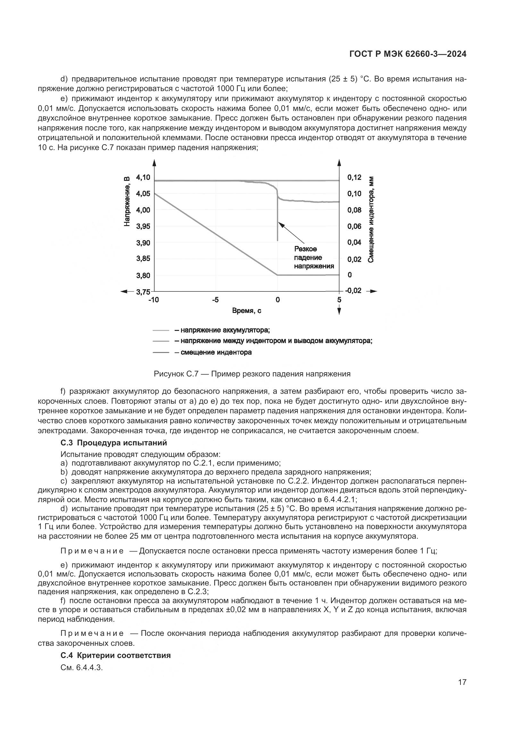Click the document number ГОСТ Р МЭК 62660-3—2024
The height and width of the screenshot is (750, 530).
click(x=408, y=54)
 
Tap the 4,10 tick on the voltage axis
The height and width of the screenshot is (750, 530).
click(x=143, y=177)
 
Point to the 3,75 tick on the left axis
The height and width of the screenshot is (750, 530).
click(x=143, y=291)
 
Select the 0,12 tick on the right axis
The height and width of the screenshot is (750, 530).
click(x=354, y=177)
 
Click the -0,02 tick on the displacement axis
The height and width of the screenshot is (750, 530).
click(x=353, y=291)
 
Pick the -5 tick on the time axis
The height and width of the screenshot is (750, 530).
click(x=215, y=300)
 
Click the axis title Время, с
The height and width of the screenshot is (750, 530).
click(x=246, y=311)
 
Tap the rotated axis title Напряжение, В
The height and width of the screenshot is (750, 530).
click(x=127, y=201)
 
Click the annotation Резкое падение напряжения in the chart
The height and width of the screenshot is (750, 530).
click(x=314, y=257)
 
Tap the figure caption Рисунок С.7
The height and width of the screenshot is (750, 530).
click(x=252, y=374)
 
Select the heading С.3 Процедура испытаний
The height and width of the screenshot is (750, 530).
click(x=113, y=442)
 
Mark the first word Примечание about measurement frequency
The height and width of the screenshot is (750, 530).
click(x=92, y=551)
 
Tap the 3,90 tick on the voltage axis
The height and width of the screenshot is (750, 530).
click(x=143, y=243)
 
